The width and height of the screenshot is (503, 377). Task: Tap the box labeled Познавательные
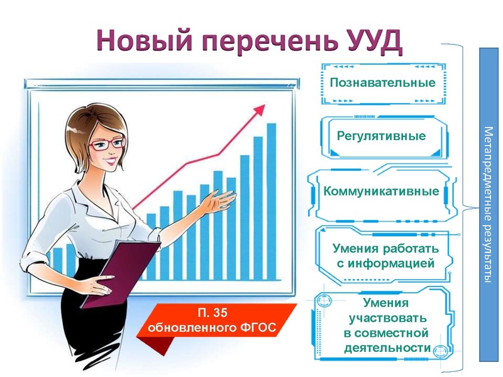[x=382, y=83]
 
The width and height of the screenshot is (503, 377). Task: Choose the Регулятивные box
[x=381, y=136]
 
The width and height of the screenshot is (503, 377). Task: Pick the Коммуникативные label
[x=381, y=191]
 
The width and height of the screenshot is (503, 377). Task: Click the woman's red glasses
[x=107, y=144]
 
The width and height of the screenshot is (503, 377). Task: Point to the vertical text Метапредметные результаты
[x=489, y=204]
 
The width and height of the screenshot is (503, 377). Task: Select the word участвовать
[x=387, y=318]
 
